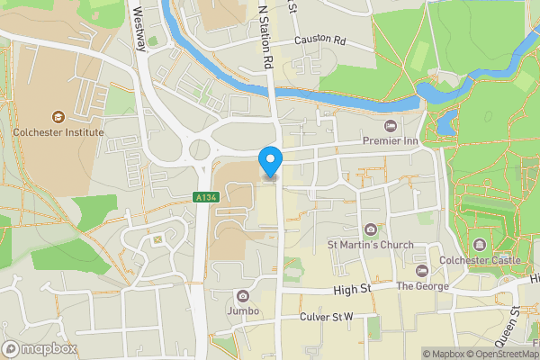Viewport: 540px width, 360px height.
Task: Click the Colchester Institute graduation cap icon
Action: coord(58,116)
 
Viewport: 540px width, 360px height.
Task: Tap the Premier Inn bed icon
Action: coord(390,126)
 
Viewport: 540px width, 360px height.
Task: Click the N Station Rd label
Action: coord(265,36)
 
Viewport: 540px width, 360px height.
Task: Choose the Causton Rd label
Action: coord(320,40)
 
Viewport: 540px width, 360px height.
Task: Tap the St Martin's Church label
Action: coord(370,245)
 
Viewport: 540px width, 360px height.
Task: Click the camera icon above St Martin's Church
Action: coord(370,229)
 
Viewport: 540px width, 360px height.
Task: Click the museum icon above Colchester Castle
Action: coord(479,245)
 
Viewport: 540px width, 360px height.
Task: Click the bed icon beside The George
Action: coord(420,271)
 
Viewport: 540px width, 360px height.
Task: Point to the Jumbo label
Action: coord(242,311)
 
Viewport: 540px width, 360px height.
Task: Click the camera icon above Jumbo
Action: coord(242,295)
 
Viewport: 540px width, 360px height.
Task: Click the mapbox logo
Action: coord(39,349)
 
